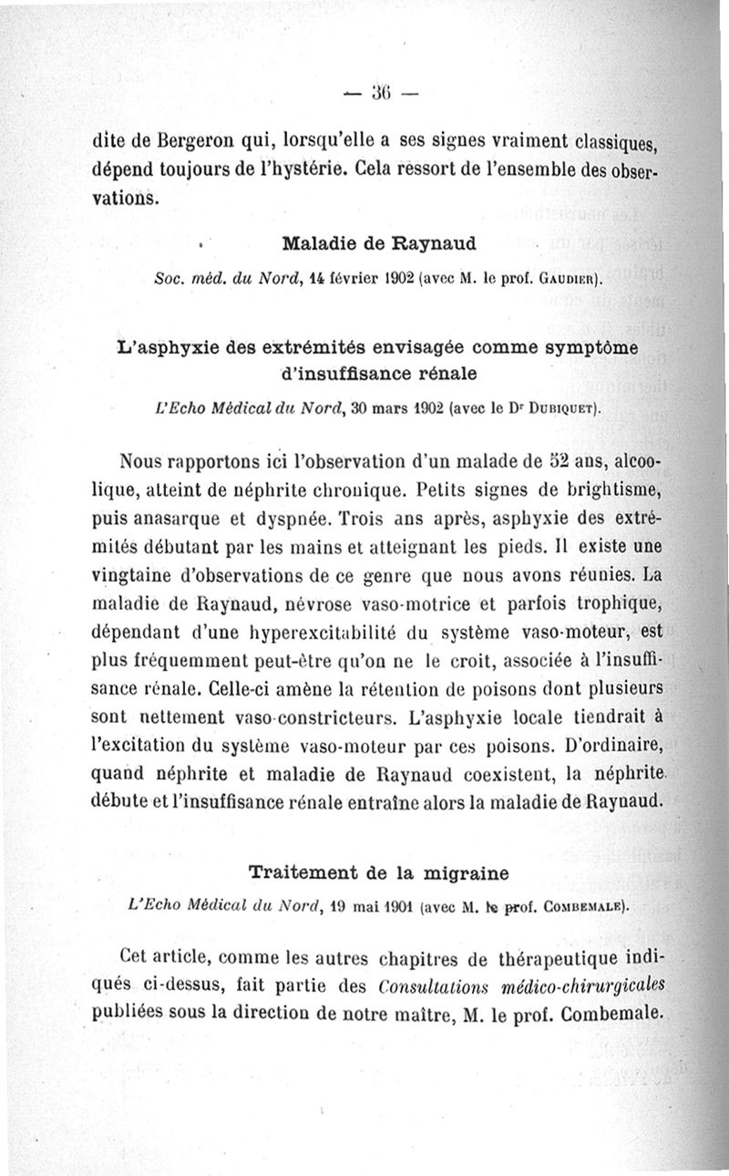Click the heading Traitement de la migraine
tap(378, 872)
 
